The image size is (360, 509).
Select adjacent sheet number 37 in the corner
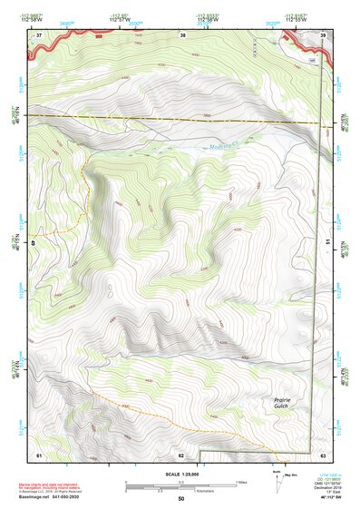[x=39, y=35]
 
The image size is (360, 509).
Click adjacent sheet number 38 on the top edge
[x=183, y=35]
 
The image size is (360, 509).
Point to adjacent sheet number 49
[x=34, y=242]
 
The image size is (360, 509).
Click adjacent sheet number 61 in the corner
[x=39, y=453]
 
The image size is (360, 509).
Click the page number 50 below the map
[x=180, y=498]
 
